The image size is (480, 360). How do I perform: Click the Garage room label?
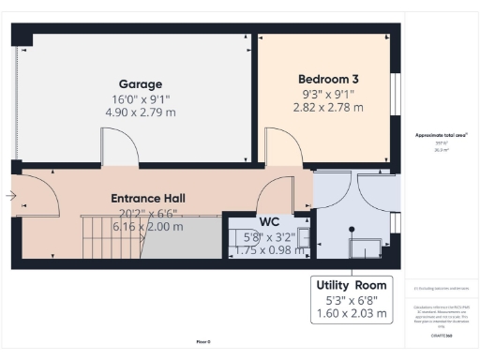click(x=140, y=83)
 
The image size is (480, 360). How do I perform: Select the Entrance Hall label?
click(x=148, y=199)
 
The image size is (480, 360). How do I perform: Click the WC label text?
click(x=270, y=221)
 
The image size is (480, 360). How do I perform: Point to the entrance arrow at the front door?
click(x=9, y=196)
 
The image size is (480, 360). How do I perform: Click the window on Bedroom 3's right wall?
click(x=393, y=94)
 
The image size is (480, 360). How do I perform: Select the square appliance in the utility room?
click(x=364, y=247)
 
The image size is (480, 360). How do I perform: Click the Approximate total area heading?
click(x=441, y=135)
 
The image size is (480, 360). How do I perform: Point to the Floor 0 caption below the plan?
click(x=203, y=341)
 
